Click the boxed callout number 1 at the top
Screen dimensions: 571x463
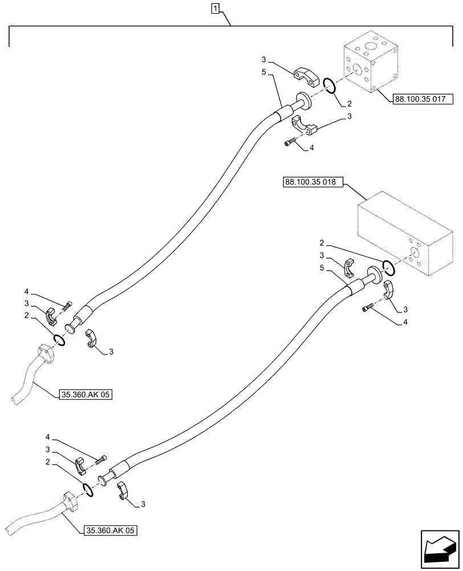[215, 8]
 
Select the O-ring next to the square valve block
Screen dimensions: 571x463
[329, 86]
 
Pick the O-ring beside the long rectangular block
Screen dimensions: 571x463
[388, 267]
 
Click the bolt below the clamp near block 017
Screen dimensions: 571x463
[290, 142]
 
